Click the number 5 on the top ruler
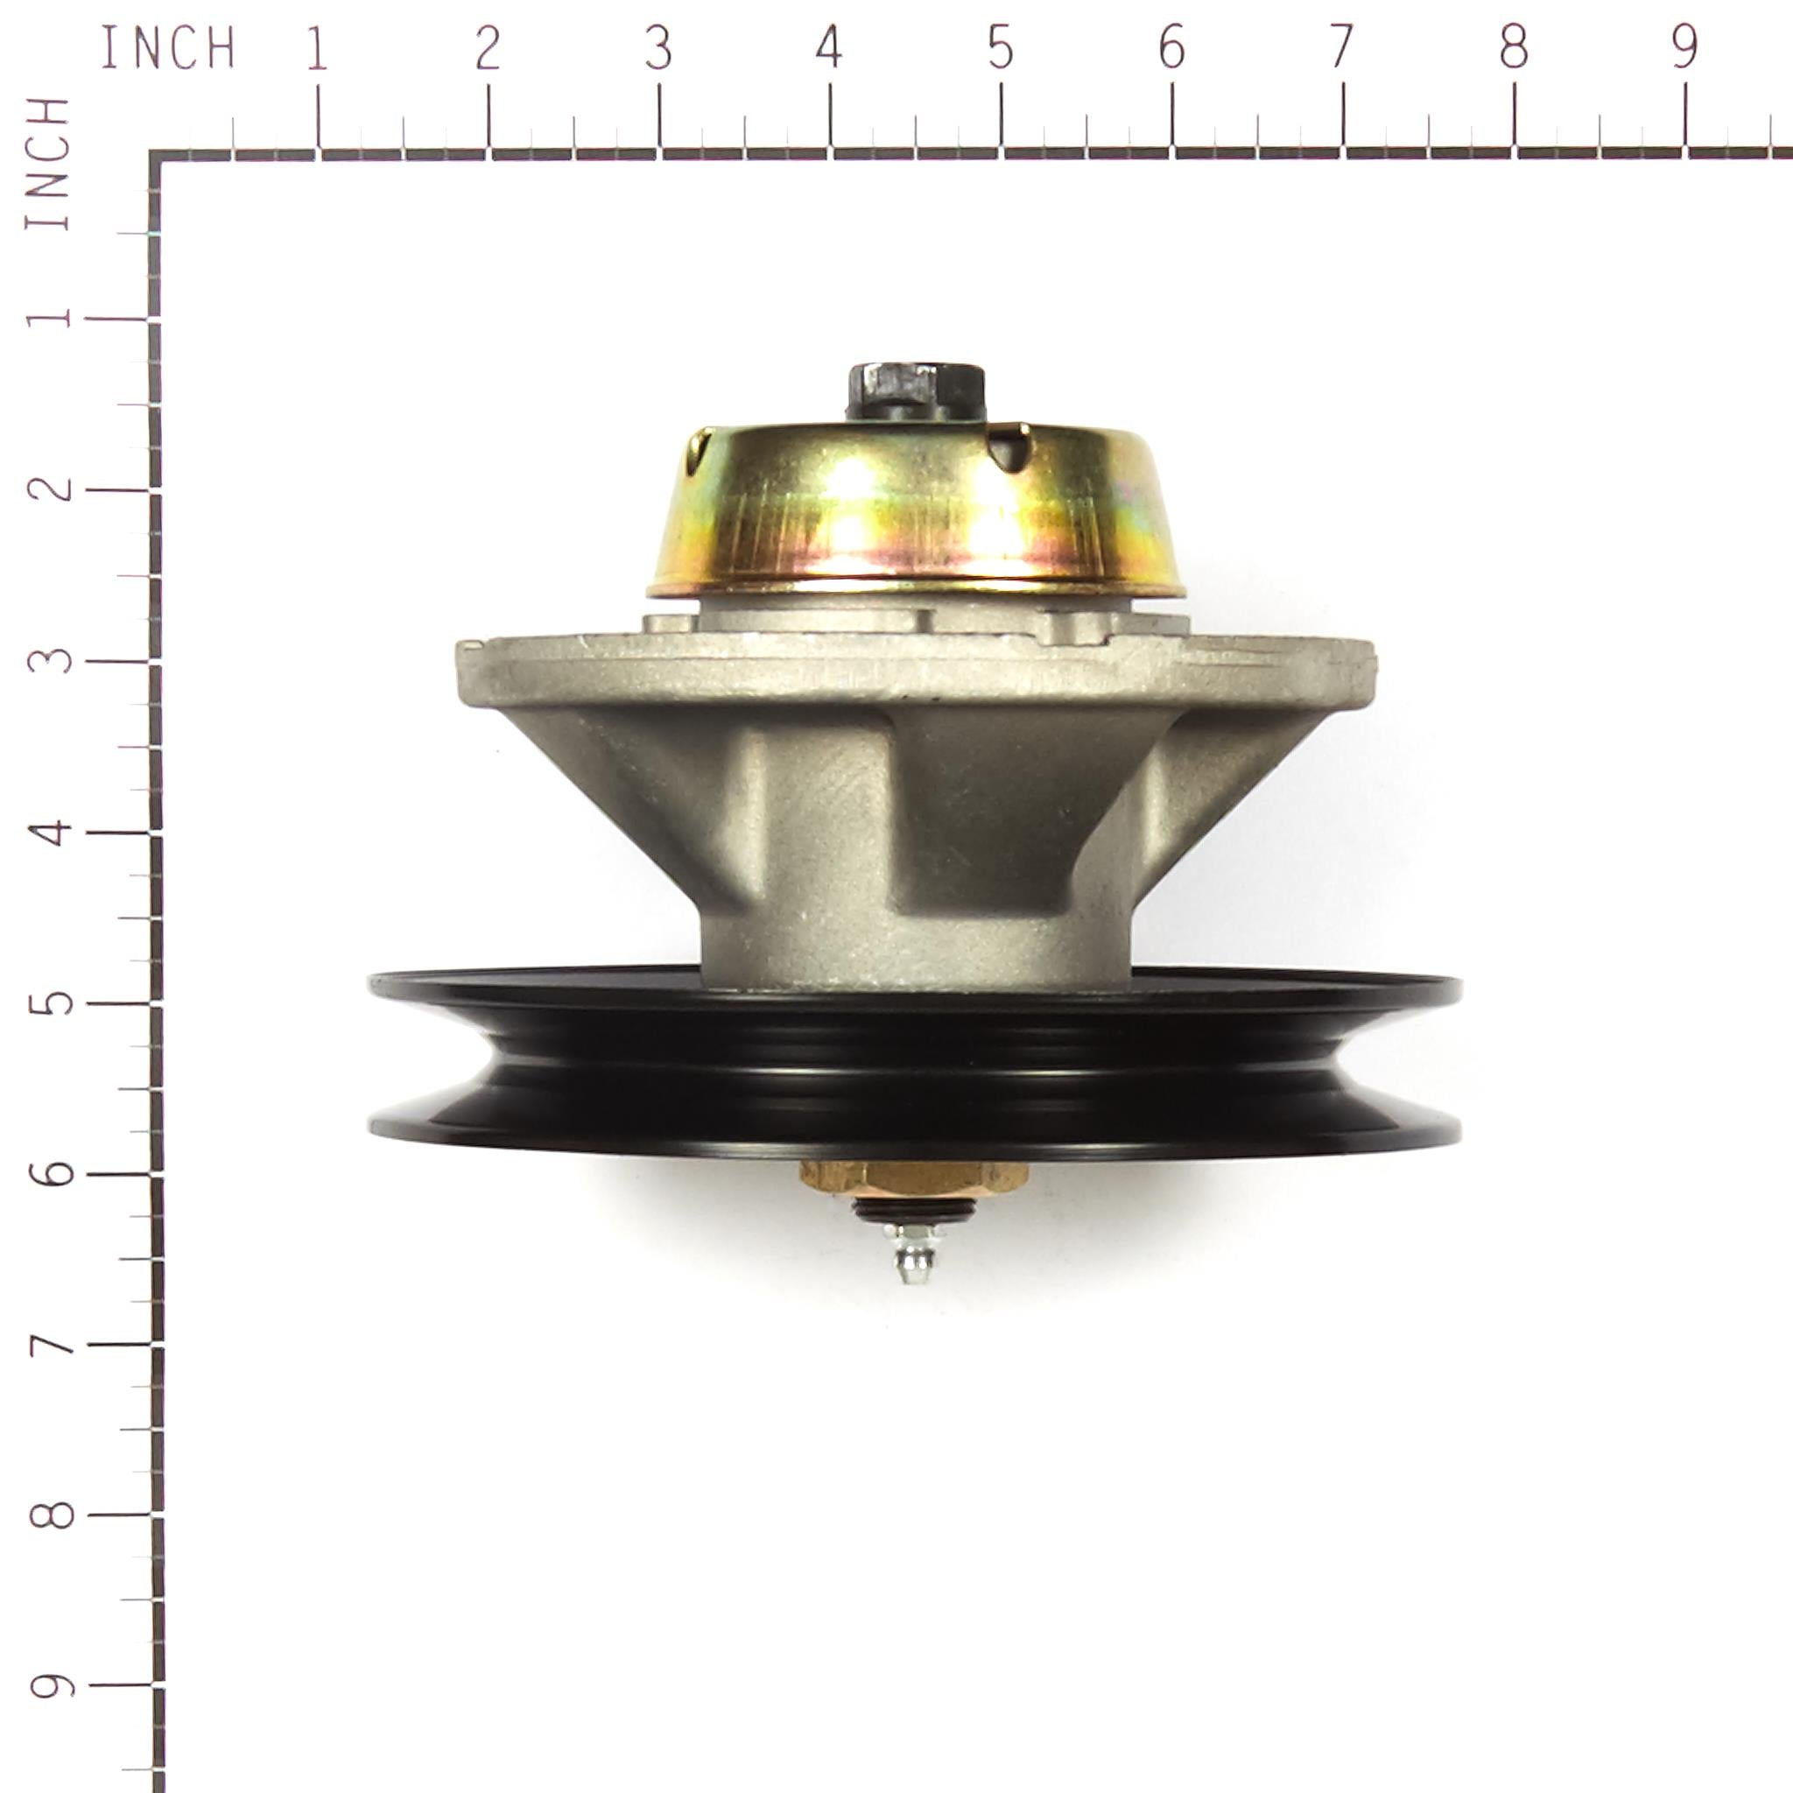tap(1001, 46)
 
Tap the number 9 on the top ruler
tap(1684, 46)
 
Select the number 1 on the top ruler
tap(318, 46)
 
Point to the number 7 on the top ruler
tap(1342, 46)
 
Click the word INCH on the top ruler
tap(167, 47)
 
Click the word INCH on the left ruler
tap(48, 164)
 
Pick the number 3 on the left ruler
tap(48, 659)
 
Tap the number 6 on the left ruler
tap(48, 1172)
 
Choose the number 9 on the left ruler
tap(48, 1684)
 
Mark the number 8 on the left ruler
tap(48, 1514)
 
